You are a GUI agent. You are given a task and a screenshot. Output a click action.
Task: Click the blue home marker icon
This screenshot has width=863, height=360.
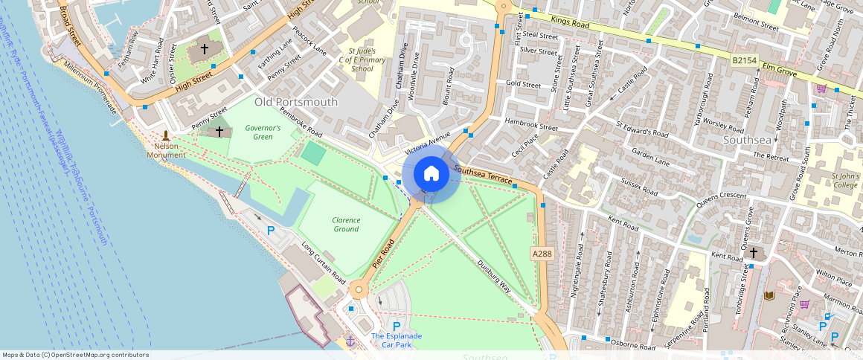pos(431,174)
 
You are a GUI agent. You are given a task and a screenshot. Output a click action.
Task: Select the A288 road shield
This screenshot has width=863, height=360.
pos(542,254)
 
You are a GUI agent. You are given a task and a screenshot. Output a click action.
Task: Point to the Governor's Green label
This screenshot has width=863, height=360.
pos(263,132)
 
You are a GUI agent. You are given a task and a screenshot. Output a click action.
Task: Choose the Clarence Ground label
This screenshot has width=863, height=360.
pos(346,224)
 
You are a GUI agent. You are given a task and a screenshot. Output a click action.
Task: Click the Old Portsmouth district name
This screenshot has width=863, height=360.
pos(295,102)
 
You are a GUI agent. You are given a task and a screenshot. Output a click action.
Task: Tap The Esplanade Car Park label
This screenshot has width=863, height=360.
pos(397,340)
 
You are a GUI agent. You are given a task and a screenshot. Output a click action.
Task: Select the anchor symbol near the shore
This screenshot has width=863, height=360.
pos(350,341)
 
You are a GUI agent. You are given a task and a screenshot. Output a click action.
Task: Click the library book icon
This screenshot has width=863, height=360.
pos(769,295)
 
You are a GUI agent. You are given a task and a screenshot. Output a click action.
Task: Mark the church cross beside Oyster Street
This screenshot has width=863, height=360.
pos(204,49)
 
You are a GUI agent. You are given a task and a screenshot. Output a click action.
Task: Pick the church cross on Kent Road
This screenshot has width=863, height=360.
pos(753,254)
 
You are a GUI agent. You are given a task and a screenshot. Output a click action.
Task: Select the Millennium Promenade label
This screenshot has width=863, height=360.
pos(91,86)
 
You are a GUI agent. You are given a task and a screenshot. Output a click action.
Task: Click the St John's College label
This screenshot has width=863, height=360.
pos(845,181)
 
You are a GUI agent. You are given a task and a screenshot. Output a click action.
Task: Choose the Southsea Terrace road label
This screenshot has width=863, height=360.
pos(484,176)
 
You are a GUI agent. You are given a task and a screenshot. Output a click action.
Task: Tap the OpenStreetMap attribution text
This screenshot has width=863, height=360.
pos(75,355)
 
